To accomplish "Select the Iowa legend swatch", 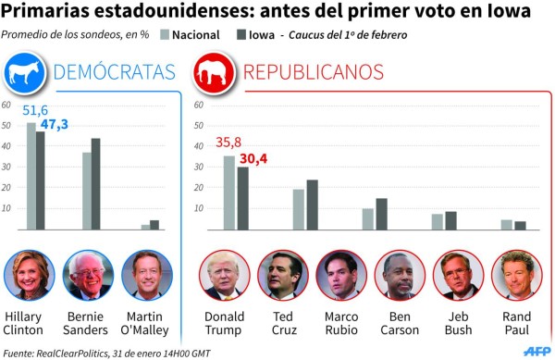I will (x=242, y=35).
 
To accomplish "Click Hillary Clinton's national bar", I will (x=31, y=176).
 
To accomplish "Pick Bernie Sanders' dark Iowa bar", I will (x=95, y=183).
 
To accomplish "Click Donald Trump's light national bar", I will (x=228, y=192).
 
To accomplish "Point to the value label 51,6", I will (x=35, y=110).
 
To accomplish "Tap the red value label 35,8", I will (x=228, y=143).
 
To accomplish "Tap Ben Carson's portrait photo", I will (x=399, y=276).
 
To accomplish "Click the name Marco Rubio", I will (x=340, y=322).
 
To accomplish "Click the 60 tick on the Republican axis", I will (x=198, y=106).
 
